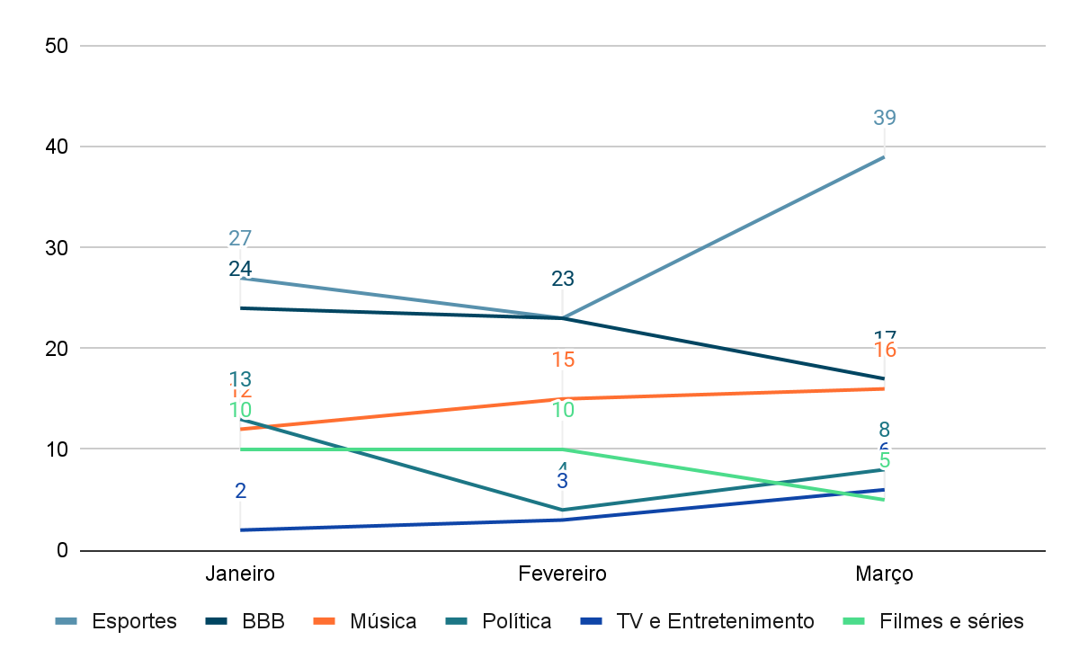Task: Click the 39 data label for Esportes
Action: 885,118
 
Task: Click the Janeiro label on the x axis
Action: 240,574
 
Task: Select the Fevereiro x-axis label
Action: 563,574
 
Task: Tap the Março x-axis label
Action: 885,574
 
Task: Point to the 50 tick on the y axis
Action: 58,46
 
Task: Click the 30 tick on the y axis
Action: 58,247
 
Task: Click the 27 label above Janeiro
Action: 240,238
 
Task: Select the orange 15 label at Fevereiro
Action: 563,360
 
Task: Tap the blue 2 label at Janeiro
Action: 240,491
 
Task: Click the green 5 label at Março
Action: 885,461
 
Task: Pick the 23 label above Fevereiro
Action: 563,279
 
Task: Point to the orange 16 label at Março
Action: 885,351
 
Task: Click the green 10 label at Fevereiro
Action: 563,410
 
